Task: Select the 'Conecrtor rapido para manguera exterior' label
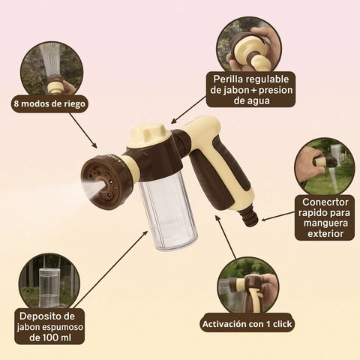(324, 217)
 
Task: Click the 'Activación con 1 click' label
(247, 324)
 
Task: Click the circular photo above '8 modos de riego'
(52, 67)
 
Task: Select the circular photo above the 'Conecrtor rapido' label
(324, 165)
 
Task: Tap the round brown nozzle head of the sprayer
(112, 179)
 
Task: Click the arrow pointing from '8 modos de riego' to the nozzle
(84, 132)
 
